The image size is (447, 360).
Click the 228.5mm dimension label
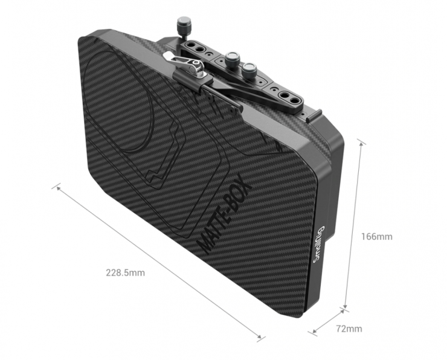126,273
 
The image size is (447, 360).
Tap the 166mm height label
377,236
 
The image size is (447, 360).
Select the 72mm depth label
349,329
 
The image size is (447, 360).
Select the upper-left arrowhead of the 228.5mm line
59,188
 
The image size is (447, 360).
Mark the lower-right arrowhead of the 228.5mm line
259,336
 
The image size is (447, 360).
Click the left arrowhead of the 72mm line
315,331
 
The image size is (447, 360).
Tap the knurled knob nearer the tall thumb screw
232,59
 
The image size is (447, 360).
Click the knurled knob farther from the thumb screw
249,71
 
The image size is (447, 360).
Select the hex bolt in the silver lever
196,63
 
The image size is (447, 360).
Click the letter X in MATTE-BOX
245,186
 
